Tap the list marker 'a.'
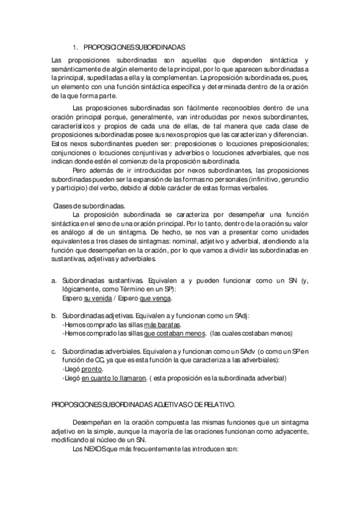pyautogui.click(x=53, y=281)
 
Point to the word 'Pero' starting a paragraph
pyautogui.click(x=79, y=170)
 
